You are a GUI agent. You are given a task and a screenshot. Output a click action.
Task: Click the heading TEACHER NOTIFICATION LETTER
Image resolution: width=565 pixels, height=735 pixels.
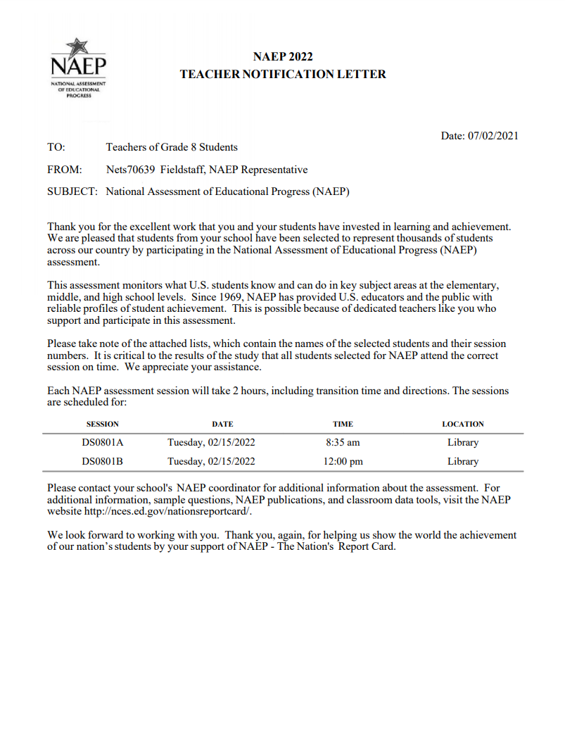[x=283, y=74]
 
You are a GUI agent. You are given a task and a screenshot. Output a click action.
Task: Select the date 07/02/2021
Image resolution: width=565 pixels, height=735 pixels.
[x=493, y=136]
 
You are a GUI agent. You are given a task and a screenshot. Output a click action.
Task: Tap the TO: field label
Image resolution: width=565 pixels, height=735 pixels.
[x=56, y=147]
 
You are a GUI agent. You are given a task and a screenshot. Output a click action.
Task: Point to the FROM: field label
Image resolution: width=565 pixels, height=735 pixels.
[x=65, y=170]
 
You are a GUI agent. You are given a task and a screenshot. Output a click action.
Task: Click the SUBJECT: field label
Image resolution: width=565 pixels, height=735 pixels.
[x=73, y=191]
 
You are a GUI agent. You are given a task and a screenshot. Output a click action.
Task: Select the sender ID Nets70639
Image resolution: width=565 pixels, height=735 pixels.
[x=130, y=170]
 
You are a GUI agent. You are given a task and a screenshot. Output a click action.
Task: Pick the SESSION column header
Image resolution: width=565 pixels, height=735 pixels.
[x=103, y=424]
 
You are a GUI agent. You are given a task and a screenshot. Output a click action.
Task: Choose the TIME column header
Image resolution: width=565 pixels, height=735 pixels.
[x=343, y=424]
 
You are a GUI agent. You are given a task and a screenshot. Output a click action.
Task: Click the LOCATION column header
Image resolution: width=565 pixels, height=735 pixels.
[x=462, y=424]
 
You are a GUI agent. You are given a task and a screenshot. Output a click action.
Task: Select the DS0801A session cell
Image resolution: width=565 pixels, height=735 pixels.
[x=103, y=443]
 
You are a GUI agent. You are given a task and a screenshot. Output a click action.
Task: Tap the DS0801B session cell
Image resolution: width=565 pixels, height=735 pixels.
[x=103, y=462]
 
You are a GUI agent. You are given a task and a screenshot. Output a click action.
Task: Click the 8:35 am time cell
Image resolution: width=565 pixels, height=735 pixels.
[x=343, y=443]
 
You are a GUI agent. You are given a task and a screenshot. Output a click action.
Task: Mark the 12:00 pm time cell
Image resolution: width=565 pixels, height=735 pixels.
[x=343, y=462]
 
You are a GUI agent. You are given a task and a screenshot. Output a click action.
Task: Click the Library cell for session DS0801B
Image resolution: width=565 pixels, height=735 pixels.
[x=462, y=462]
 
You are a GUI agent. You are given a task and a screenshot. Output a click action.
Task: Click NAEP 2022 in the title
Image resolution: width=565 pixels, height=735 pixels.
[x=283, y=57]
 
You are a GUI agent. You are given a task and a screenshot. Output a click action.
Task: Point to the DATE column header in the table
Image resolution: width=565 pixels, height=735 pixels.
[x=222, y=424]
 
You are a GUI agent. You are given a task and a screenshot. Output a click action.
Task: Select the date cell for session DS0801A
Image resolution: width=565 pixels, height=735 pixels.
[x=211, y=443]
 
